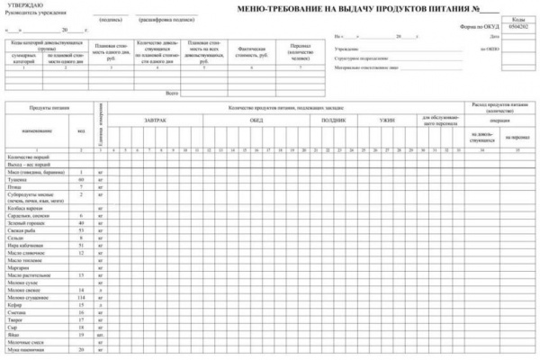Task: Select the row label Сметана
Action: pyautogui.click(x=21, y=311)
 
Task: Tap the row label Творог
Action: pyautogui.click(x=19, y=319)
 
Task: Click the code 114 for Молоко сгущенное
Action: pyautogui.click(x=81, y=297)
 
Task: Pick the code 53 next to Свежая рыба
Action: pyautogui.click(x=81, y=230)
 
